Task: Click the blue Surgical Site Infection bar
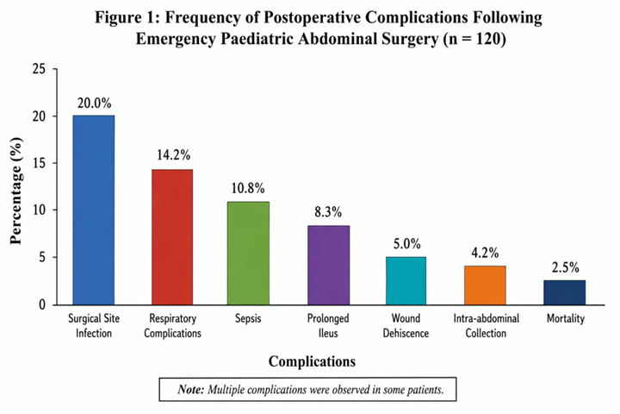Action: click(94, 210)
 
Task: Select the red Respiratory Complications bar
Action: click(172, 237)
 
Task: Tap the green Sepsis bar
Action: click(248, 254)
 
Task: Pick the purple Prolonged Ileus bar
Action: click(329, 265)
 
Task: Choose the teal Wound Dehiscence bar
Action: click(406, 281)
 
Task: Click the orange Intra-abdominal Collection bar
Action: click(485, 285)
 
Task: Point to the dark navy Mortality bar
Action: click(565, 292)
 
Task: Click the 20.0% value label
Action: click(94, 103)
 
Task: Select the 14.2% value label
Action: click(173, 155)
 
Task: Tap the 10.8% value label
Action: click(248, 188)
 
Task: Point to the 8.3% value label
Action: click(328, 212)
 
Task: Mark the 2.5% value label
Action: click(566, 268)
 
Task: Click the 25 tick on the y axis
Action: click(39, 69)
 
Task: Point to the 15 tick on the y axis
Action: click(39, 163)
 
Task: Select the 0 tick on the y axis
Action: click(42, 304)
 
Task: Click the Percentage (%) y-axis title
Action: click(15, 191)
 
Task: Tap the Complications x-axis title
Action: click(312, 361)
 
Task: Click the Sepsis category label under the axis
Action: click(248, 318)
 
